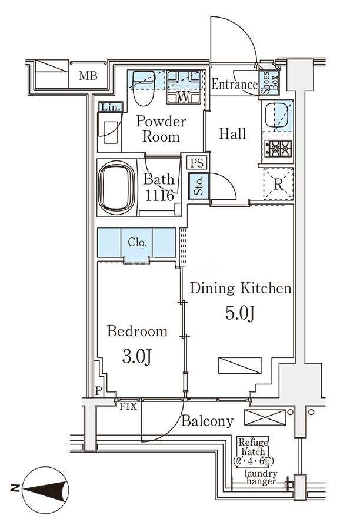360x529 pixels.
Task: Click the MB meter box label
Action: (x=88, y=76)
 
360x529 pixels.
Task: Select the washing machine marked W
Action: (x=184, y=87)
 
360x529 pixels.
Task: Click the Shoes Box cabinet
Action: (x=269, y=82)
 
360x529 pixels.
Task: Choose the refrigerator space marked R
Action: (x=278, y=184)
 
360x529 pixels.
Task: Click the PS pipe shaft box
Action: (x=197, y=163)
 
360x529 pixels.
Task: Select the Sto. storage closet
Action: (x=199, y=186)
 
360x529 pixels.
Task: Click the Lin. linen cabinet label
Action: (x=111, y=108)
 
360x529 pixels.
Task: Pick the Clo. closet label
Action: (x=137, y=242)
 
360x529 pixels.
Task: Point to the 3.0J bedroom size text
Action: (x=136, y=357)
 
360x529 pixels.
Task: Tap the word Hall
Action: (x=232, y=133)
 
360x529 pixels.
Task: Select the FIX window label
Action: (x=129, y=407)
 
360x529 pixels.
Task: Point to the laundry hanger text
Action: (x=261, y=477)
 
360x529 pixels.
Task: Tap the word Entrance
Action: (x=234, y=84)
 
